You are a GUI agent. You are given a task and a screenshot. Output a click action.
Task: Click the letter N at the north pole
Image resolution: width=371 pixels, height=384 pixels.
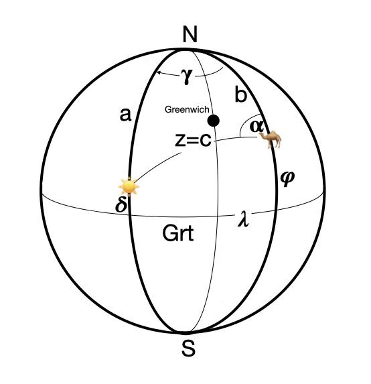[x=190, y=34]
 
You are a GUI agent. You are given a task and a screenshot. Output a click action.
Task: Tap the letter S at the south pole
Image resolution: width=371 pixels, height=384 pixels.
[x=189, y=348]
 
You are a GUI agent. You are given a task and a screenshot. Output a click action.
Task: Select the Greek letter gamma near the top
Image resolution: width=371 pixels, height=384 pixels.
[x=187, y=76]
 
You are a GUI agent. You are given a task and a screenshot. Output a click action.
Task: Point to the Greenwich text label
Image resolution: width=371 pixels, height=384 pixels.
[x=187, y=109]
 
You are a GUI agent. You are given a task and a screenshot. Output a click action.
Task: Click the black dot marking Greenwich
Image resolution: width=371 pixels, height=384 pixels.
[x=214, y=121]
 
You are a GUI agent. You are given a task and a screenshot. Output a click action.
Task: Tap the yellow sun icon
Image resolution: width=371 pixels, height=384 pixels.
[x=129, y=187]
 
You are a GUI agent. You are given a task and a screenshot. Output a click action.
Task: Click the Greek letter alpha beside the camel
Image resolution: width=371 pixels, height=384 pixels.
[x=257, y=127]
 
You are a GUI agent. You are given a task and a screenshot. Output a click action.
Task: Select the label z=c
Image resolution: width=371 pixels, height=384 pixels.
[x=193, y=140]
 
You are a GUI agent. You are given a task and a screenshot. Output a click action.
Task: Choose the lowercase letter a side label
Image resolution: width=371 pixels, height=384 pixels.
[x=125, y=115]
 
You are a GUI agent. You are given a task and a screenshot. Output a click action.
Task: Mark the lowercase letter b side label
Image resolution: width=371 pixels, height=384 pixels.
[x=241, y=94]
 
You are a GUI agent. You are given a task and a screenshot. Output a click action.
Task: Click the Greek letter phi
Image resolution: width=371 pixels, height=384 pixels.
[x=287, y=178]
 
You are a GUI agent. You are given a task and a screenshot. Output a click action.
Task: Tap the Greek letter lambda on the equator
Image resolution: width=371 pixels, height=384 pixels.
[x=244, y=218]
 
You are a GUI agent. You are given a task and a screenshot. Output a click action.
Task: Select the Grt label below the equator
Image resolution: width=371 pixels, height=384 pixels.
[x=178, y=234]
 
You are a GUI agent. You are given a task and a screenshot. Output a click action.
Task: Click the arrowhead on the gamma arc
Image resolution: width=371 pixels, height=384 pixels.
[x=158, y=72]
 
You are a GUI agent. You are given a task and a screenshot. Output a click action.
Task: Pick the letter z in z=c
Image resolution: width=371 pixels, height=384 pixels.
[x=180, y=141]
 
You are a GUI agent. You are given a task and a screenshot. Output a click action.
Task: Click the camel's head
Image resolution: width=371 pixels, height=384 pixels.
[x=261, y=135]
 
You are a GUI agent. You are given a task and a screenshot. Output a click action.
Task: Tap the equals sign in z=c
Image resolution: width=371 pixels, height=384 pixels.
[x=192, y=141]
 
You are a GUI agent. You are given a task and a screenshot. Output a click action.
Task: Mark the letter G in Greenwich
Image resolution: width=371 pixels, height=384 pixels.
[x=167, y=109]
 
